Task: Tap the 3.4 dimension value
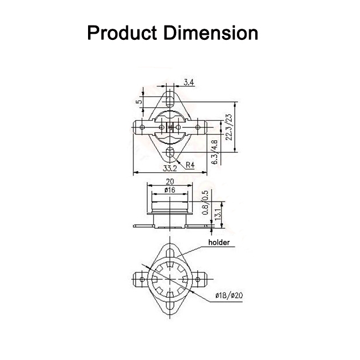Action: (188, 83)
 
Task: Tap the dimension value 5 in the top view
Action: (140, 101)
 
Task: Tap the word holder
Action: (219, 243)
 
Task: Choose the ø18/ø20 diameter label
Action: (229, 297)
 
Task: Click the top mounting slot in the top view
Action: (171, 101)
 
